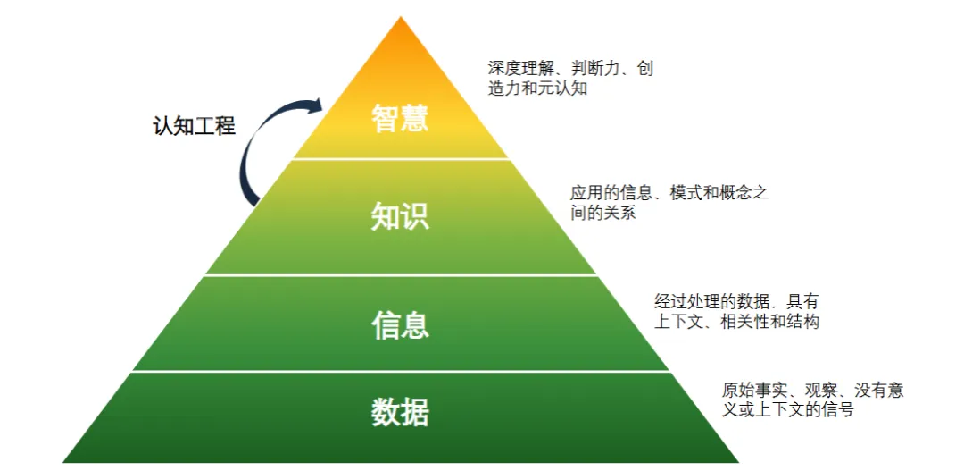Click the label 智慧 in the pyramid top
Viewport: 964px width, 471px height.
tap(400, 118)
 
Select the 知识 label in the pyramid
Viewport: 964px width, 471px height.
tap(400, 215)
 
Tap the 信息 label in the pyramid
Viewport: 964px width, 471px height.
tap(400, 324)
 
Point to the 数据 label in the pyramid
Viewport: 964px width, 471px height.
tap(400, 412)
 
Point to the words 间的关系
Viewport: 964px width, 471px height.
tap(602, 214)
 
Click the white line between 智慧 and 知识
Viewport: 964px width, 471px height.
tap(401, 159)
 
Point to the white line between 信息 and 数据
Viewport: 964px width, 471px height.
tap(401, 371)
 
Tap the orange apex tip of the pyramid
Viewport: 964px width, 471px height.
tap(401, 22)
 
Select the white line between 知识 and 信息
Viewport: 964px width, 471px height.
tap(401, 275)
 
